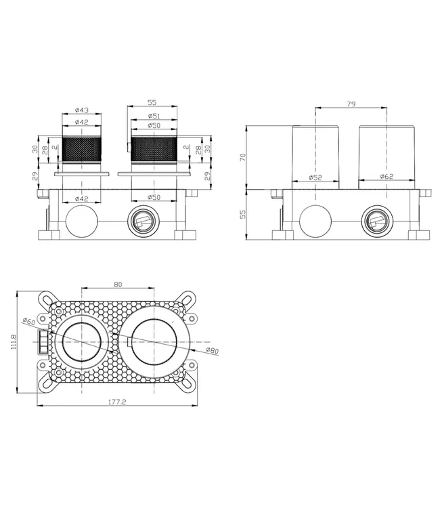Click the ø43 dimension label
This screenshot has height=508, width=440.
[81, 110]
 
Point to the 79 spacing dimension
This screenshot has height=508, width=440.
[350, 105]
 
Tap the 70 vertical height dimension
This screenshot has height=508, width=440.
[242, 156]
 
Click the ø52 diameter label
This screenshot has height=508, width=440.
[315, 177]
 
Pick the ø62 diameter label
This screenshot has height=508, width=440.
[387, 177]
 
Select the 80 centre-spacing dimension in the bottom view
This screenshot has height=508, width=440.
[118, 285]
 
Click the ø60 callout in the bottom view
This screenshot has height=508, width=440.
[28, 320]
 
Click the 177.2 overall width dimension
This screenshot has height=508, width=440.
[118, 401]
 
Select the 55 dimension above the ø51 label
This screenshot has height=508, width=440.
[152, 102]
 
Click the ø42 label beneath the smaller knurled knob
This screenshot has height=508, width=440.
[81, 198]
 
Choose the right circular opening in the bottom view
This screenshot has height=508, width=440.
[155, 343]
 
